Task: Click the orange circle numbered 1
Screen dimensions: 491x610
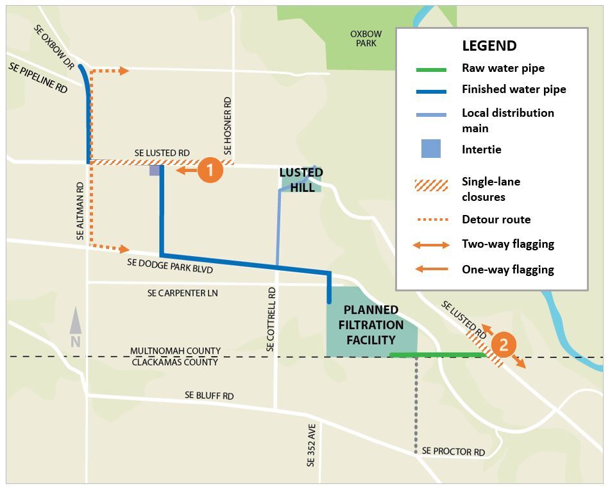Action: tap(210, 170)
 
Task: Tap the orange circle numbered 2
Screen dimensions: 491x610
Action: tap(503, 345)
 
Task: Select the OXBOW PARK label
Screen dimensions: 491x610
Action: tap(366, 39)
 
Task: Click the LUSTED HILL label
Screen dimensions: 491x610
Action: tap(301, 180)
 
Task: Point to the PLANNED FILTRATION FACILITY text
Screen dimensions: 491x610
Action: tap(371, 325)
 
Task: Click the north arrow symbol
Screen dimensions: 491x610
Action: tap(76, 327)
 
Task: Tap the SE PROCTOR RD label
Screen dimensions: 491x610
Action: tap(453, 452)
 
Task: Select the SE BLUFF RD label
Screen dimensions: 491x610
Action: tap(209, 396)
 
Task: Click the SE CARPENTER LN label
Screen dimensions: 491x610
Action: tap(183, 293)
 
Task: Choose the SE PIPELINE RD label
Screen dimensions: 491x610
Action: tap(38, 78)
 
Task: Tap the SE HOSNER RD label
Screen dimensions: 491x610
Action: tap(228, 126)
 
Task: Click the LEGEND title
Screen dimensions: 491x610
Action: tap(489, 46)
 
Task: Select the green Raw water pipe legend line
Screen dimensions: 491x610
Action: tap(431, 69)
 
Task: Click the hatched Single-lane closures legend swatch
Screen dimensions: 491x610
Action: tap(431, 186)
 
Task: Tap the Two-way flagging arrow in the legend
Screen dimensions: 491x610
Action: tap(431, 245)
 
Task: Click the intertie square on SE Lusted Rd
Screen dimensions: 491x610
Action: tap(155, 171)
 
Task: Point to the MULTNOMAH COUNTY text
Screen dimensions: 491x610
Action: tap(175, 351)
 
